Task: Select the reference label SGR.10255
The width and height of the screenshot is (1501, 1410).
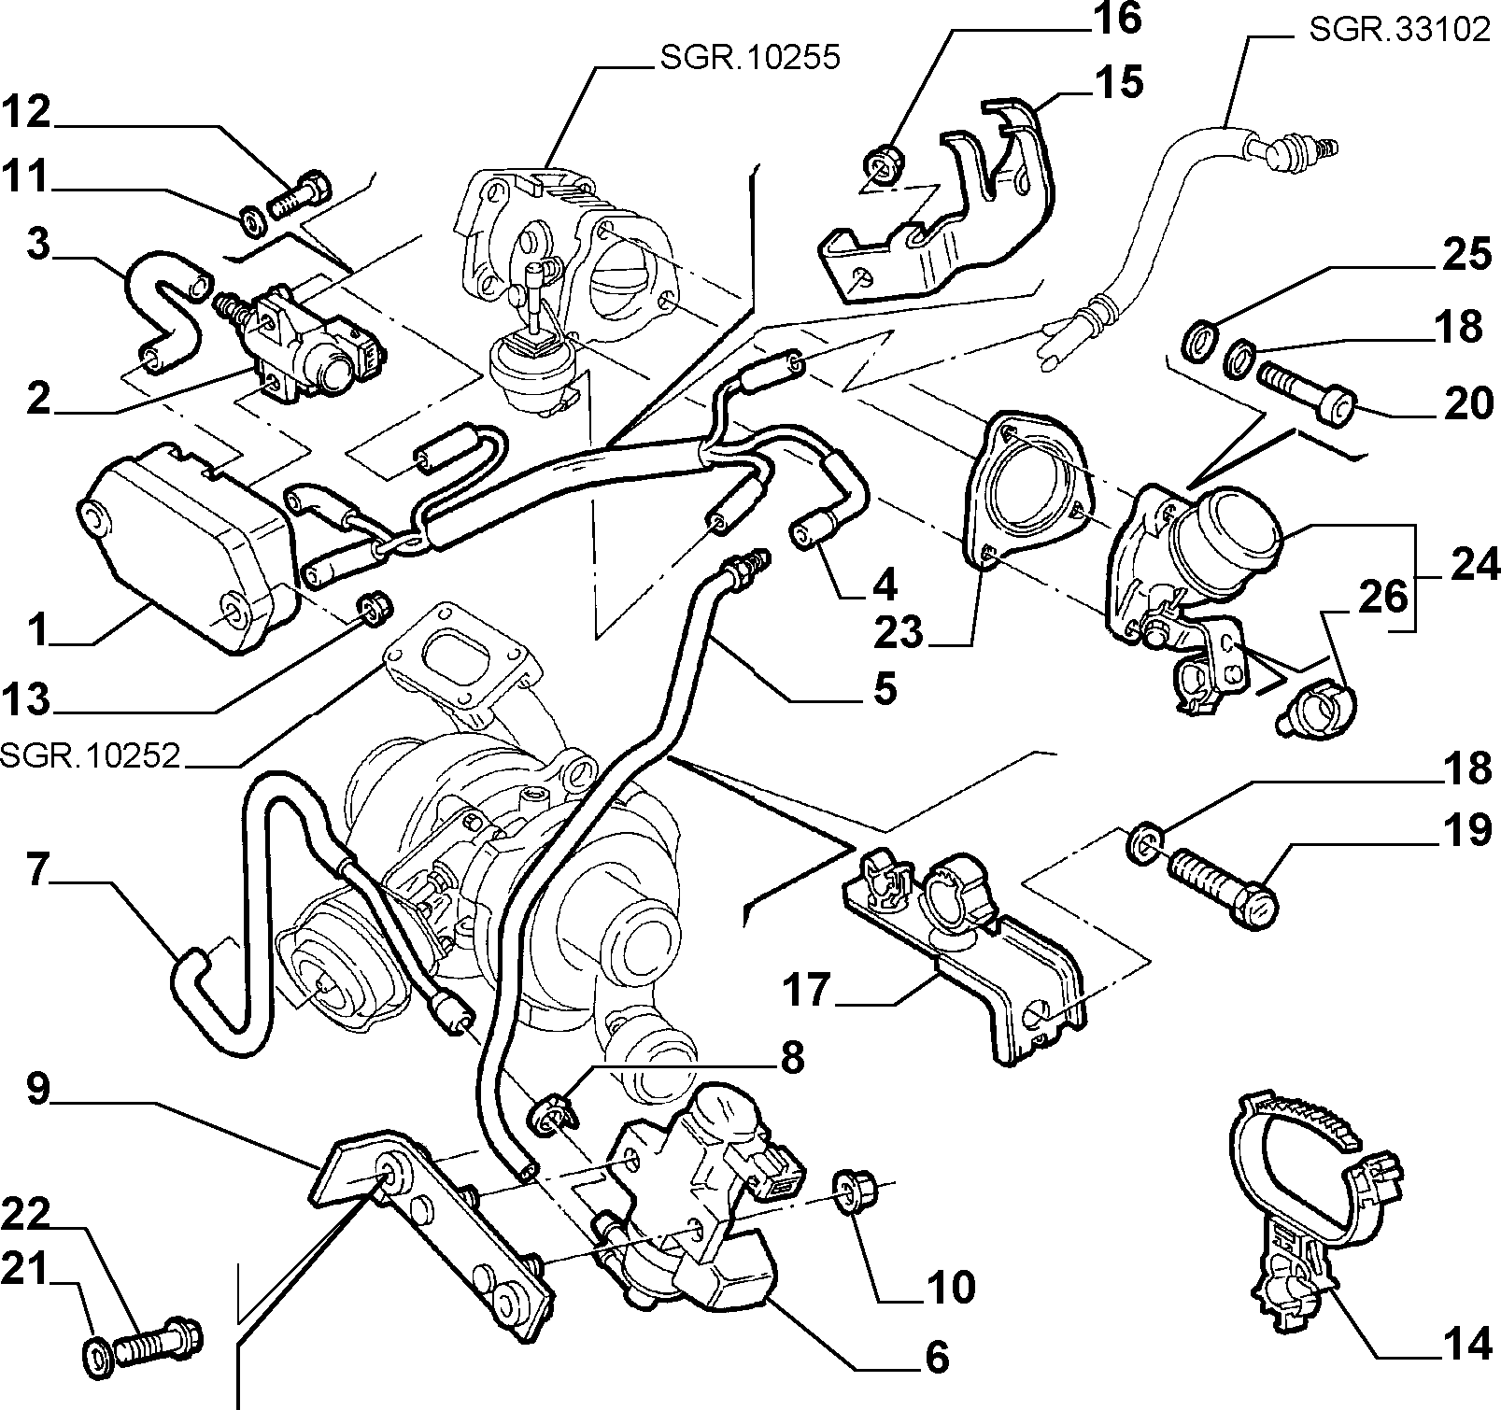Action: tap(750, 58)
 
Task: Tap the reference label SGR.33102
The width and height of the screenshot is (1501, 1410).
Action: tap(1399, 29)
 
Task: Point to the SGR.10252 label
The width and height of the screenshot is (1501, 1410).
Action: tap(90, 754)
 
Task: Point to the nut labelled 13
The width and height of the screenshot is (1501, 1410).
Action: tap(375, 608)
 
